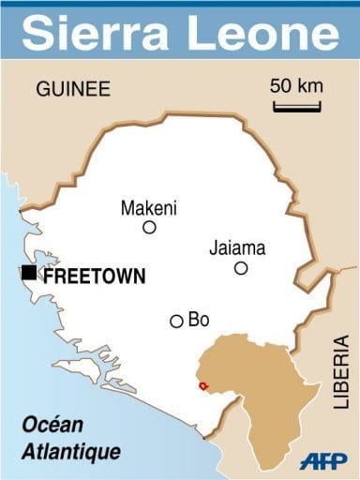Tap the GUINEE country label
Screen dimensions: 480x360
(73, 90)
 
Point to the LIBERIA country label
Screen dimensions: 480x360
(341, 375)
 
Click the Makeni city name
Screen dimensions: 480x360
(149, 208)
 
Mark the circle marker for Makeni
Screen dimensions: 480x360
(149, 228)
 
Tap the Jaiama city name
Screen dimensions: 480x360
(237, 248)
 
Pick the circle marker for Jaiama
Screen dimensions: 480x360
(241, 268)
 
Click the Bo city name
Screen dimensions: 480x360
(199, 320)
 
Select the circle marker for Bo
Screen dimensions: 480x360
(176, 322)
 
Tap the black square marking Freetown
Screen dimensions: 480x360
(29, 273)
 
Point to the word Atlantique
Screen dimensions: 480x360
(73, 452)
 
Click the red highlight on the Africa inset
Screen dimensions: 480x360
(203, 385)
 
